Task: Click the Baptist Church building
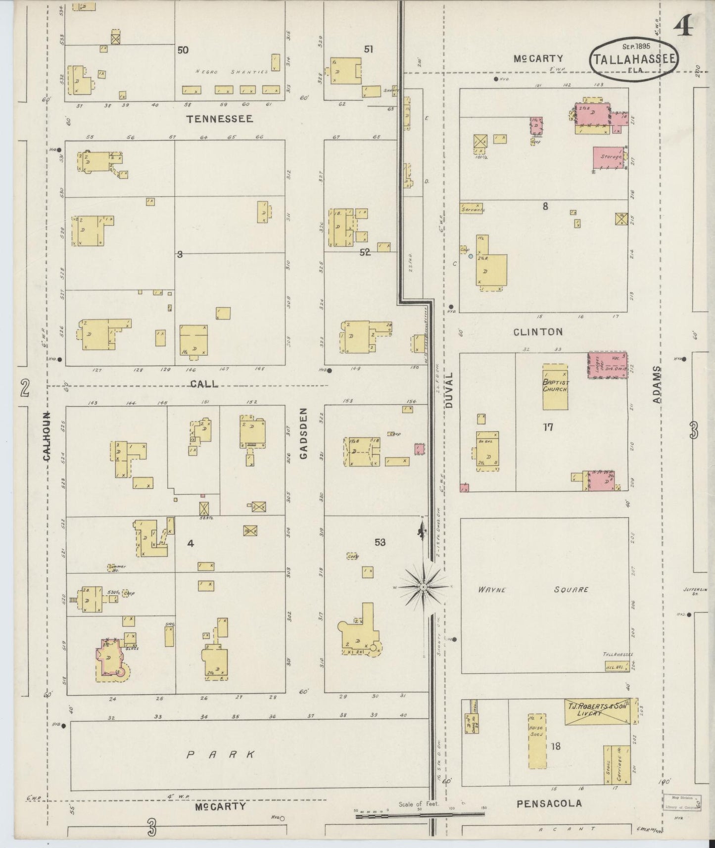pos(555,387)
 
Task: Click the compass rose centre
pos(424,587)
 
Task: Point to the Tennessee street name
pos(219,119)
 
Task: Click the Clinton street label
pos(538,332)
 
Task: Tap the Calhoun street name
pos(48,436)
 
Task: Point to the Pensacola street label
pos(548,803)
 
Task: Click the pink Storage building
pos(609,158)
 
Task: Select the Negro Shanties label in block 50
pos(231,72)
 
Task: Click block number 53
pos(380,542)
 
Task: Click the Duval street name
pos(449,390)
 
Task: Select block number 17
pos(547,427)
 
